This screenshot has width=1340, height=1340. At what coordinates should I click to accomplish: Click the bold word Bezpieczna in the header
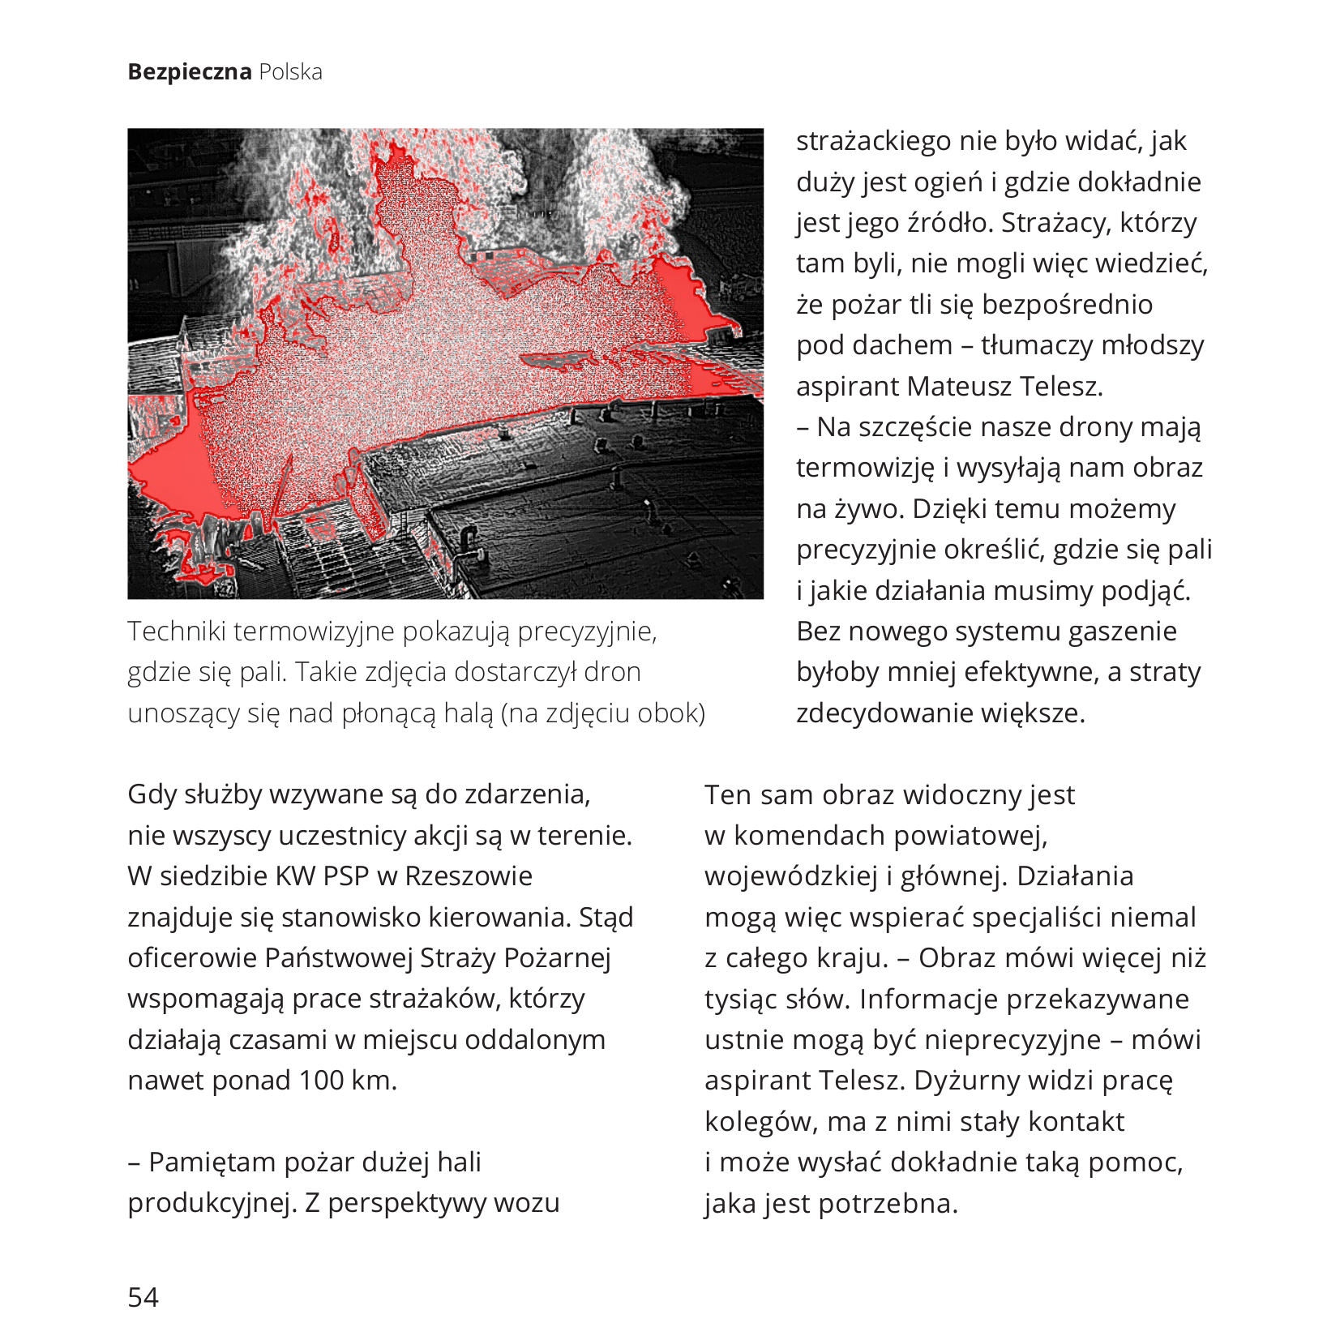pos(190,72)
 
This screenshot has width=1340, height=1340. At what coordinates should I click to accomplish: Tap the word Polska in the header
pos(290,72)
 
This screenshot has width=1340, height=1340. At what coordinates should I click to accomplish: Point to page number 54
pos(143,1297)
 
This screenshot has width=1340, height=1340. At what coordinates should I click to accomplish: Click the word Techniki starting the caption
pos(176,631)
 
